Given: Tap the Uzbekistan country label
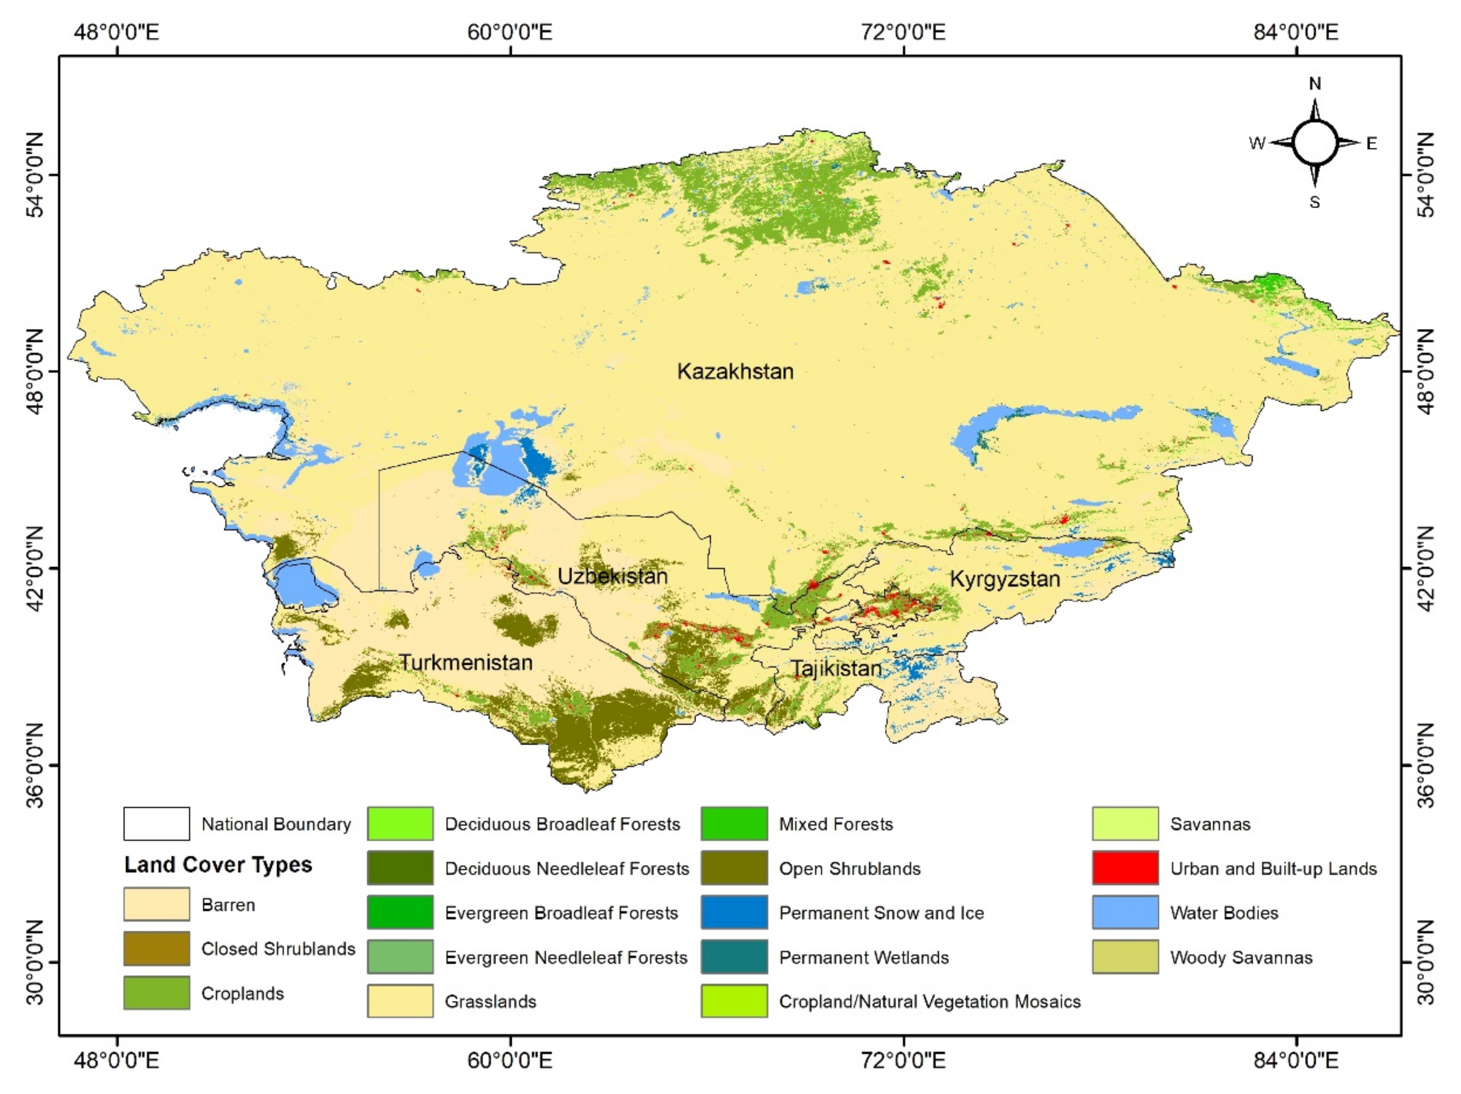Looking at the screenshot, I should point(612,576).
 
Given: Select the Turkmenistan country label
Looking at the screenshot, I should point(466,662).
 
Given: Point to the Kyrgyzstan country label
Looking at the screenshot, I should point(1005,579).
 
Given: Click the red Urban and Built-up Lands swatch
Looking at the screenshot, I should point(1125,867).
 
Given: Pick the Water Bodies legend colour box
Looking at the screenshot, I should point(1125,912).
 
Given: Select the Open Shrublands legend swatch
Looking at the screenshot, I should point(734,867).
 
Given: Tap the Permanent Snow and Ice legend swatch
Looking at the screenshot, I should point(734,912).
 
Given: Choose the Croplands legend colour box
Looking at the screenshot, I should point(157,993).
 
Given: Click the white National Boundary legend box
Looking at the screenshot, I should point(157,824).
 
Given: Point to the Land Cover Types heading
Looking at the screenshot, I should point(218,865).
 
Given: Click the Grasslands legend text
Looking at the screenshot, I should point(490,1002).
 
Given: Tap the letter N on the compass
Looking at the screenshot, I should point(1314,84).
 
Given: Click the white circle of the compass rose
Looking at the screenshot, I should point(1314,143).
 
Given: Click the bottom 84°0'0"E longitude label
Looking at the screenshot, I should point(1296,1061).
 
